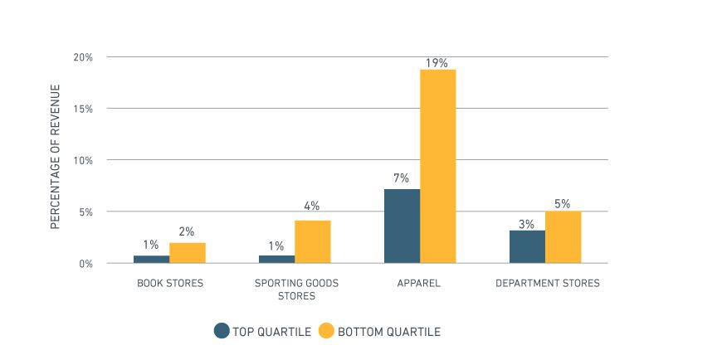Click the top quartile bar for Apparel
(402, 226)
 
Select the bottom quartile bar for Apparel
(437, 166)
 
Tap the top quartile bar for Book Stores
(151, 259)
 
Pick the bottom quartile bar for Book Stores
(187, 253)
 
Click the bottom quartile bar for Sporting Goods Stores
(312, 241)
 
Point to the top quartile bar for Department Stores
(527, 246)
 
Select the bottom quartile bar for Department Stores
(563, 237)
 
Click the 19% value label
(437, 62)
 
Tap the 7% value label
(402, 178)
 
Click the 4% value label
(312, 207)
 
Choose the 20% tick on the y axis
(83, 57)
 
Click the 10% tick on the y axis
(83, 160)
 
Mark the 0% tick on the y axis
(85, 264)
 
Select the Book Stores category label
(169, 284)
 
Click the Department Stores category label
(547, 284)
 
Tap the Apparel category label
(419, 284)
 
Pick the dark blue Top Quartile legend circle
(222, 331)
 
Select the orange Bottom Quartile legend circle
(326, 331)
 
